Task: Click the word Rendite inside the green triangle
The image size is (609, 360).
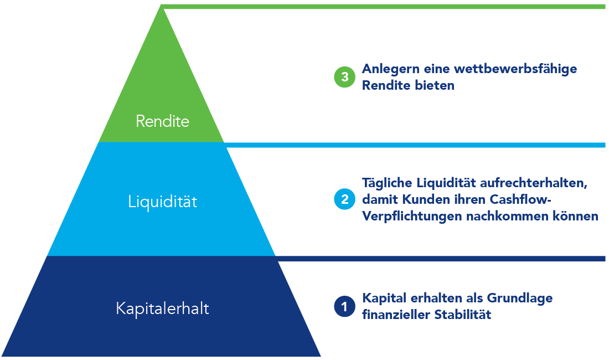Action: (x=162, y=121)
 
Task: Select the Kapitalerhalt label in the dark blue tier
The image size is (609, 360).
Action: (x=162, y=308)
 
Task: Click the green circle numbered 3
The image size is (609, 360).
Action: (x=344, y=77)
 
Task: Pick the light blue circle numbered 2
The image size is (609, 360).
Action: (x=344, y=199)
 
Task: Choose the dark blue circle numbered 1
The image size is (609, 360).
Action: (x=344, y=306)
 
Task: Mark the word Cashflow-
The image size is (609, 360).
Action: (x=520, y=199)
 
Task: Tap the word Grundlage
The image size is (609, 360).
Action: (x=520, y=299)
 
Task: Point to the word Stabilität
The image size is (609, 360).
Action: (x=463, y=315)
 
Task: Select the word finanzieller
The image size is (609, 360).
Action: (x=396, y=315)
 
